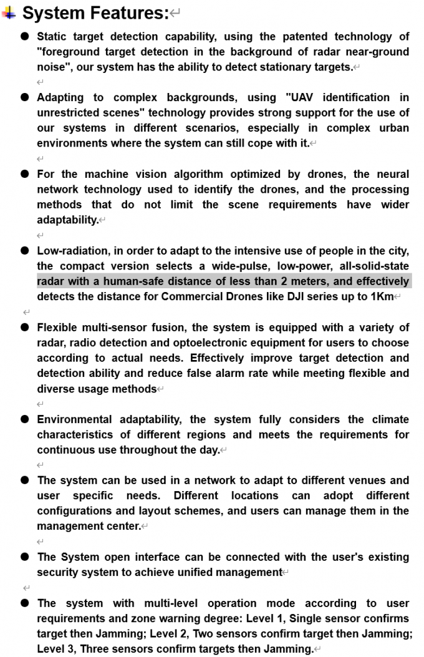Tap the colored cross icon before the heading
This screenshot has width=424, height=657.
(9, 12)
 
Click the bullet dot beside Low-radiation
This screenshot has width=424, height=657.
(25, 251)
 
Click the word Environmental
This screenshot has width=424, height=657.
(75, 419)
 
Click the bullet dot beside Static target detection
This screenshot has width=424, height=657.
(25, 37)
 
